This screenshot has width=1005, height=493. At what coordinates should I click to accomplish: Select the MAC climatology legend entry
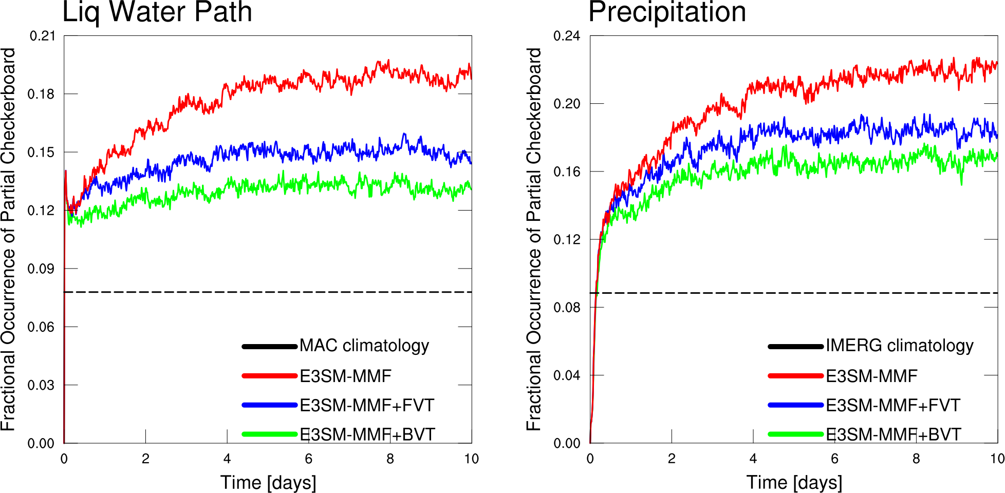point(364,346)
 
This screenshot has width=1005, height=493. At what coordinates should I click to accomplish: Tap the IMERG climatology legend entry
point(899,346)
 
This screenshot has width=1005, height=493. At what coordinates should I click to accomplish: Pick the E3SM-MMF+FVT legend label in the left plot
point(366,405)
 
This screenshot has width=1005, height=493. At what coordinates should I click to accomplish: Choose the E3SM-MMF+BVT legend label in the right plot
point(893,434)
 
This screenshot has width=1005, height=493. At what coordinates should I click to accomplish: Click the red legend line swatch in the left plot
point(269,376)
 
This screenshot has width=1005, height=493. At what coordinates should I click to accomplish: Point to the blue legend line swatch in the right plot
point(795,405)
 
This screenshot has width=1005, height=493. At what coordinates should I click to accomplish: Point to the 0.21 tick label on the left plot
point(42,36)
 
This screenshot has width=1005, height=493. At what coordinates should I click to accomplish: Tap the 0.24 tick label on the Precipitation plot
point(566,36)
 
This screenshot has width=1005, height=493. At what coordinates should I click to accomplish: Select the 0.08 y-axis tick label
point(566,308)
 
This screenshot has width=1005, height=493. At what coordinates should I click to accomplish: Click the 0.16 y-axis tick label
point(566,172)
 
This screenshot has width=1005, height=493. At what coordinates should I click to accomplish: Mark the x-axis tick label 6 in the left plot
point(308,459)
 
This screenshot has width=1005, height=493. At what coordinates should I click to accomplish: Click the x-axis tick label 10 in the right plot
point(997,459)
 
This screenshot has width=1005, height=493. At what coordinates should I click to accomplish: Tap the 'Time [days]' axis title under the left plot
point(268,483)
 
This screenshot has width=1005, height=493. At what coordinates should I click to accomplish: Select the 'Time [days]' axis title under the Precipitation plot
point(794,483)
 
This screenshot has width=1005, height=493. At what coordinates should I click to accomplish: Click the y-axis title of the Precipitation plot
point(534,239)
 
